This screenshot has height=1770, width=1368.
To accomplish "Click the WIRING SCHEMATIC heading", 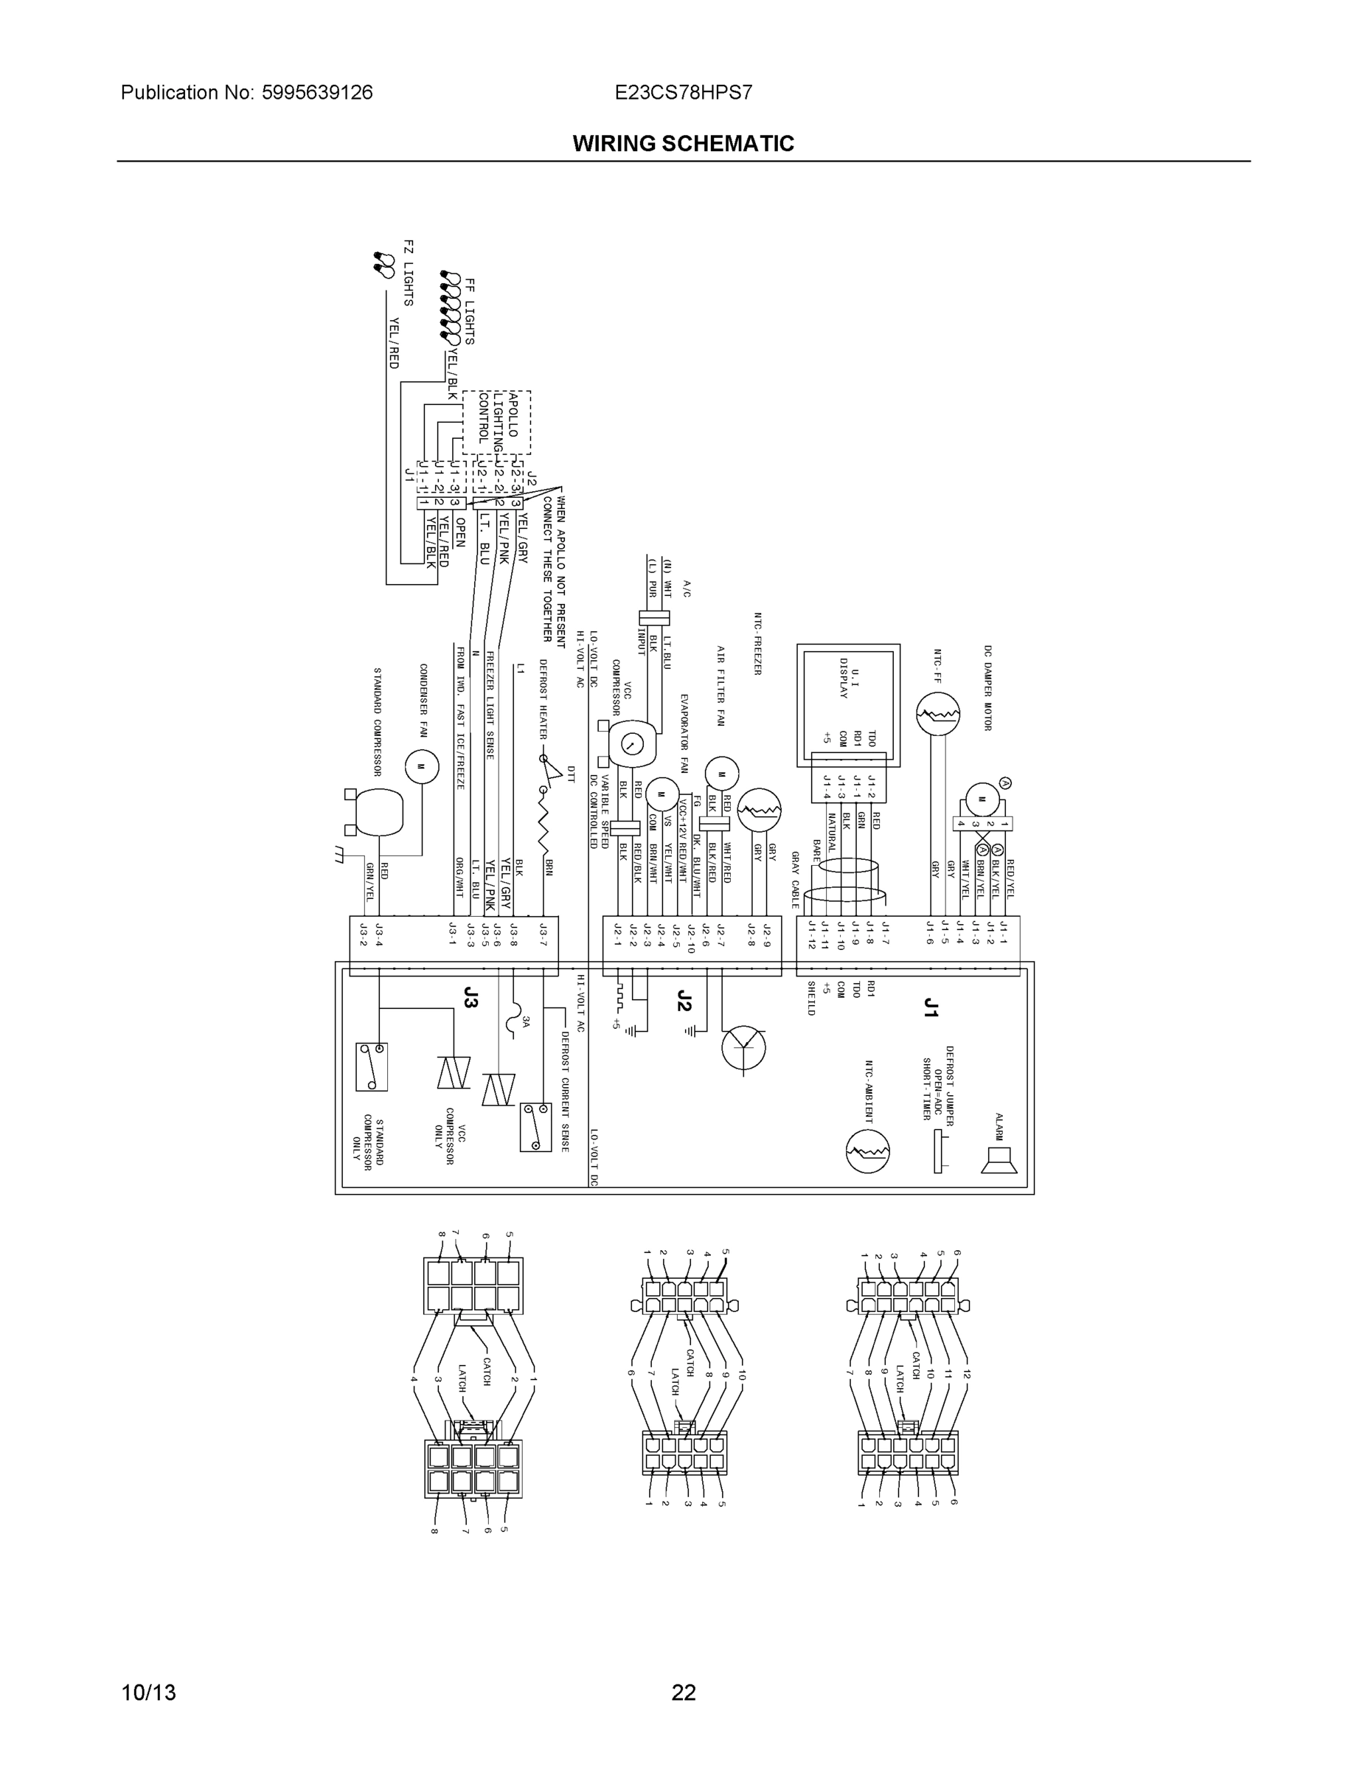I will click(683, 144).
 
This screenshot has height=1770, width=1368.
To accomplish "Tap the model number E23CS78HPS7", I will click(683, 92).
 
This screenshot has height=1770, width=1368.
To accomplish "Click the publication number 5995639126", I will click(317, 92).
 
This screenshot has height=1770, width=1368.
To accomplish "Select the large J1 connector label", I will click(931, 1007).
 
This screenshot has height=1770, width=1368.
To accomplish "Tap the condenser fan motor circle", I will click(420, 766).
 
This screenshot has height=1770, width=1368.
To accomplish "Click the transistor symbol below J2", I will click(744, 1048).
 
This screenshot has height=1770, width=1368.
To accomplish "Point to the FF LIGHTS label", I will click(469, 310).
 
